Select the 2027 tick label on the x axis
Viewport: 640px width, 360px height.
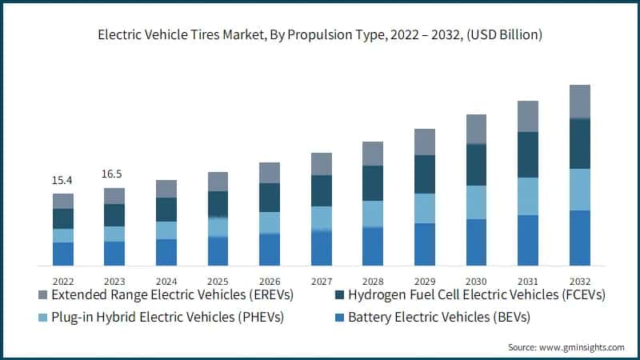pos(321,280)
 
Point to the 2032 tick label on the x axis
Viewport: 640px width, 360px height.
pos(579,280)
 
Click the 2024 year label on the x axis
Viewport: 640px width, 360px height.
pos(166,280)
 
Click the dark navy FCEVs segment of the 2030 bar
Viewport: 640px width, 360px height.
pos(476,164)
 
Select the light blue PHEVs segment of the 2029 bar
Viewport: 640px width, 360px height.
pos(425,208)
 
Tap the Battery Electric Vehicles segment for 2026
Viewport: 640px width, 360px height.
pos(270,249)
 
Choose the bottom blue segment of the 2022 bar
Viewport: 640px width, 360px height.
pos(63,253)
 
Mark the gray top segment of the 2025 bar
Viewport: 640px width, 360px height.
pos(218,182)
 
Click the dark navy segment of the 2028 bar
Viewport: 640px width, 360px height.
pos(373,183)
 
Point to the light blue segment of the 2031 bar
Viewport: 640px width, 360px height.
pos(528,196)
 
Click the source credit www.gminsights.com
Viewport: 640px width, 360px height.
pos(566,347)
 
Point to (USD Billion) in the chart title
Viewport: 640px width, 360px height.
pos(503,34)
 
